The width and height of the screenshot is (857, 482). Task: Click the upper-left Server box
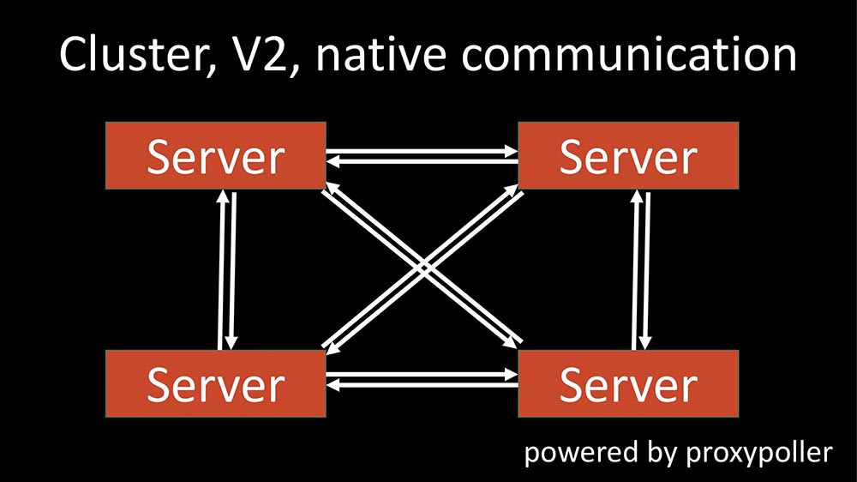click(215, 155)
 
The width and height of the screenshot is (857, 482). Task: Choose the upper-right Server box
click(628, 155)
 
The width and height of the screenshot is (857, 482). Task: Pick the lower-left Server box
click(215, 383)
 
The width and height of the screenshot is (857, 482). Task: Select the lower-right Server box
click(628, 383)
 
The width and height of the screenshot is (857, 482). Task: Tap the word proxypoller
click(759, 454)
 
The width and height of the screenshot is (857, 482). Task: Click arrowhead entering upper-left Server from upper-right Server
click(333, 160)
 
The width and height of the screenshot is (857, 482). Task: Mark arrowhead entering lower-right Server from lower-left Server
click(512, 376)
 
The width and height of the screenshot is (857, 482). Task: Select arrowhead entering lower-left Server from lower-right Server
click(333, 386)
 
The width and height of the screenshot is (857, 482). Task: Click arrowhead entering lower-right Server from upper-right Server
click(644, 345)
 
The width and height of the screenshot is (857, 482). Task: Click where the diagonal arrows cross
click(422, 268)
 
